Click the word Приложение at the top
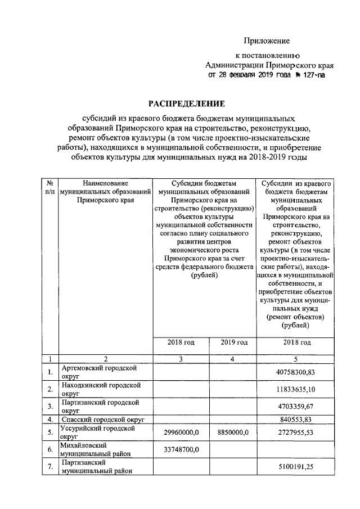click(x=267, y=41)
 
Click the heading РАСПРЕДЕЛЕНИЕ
click(x=186, y=103)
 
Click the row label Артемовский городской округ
click(x=99, y=372)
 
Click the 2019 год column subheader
click(x=233, y=343)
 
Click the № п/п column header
click(x=49, y=187)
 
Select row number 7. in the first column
click(x=49, y=466)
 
